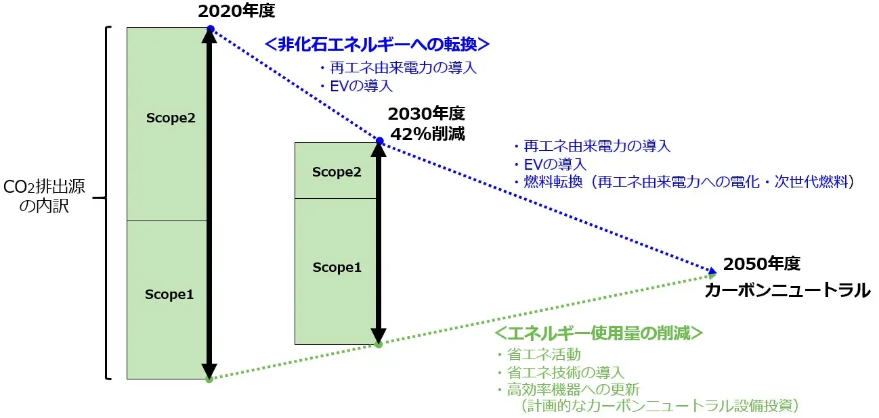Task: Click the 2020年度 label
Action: point(236,11)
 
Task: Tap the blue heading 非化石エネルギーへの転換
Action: point(377,45)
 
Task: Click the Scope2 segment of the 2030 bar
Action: point(336,171)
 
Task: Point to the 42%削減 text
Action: point(427,133)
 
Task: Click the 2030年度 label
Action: point(427,114)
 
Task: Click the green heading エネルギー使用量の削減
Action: point(598,333)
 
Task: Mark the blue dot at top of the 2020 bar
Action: point(210,28)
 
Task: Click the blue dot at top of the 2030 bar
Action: point(379,141)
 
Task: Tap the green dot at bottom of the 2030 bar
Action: point(379,344)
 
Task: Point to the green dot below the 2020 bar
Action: point(209,379)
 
